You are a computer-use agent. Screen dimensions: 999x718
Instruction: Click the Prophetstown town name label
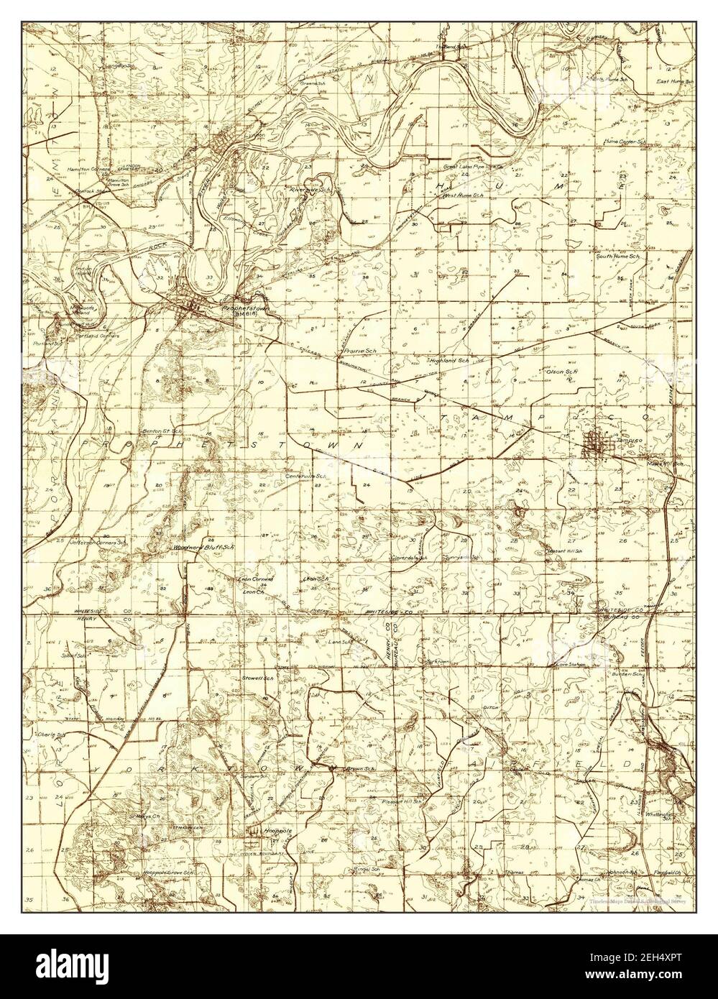tap(239, 306)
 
